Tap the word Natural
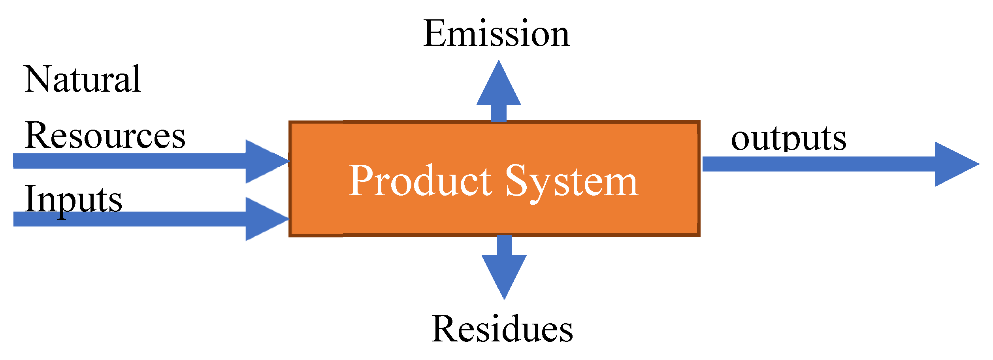pyautogui.click(x=83, y=79)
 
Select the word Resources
pyautogui.click(x=105, y=136)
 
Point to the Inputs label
pyautogui.click(x=73, y=200)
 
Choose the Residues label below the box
pyautogui.click(x=502, y=329)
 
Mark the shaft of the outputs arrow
pyautogui.click(x=818, y=164)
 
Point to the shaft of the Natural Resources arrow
pyautogui.click(x=130, y=161)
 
